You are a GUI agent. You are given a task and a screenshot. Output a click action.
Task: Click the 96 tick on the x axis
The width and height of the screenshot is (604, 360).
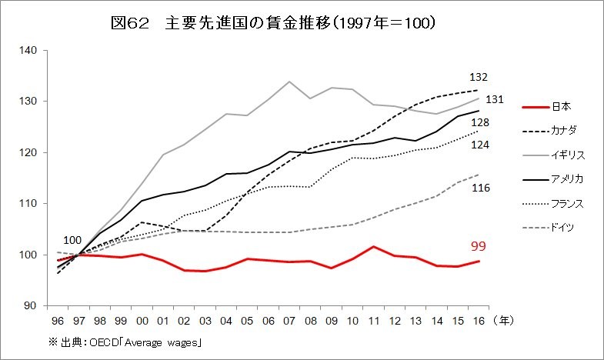coord(57,319)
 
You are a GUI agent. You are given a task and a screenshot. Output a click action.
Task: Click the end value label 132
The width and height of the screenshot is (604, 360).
coord(479,78)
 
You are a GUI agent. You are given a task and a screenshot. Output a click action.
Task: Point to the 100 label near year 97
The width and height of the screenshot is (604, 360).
coord(73,241)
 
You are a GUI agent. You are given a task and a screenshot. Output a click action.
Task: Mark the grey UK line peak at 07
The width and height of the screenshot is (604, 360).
coord(289,82)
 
